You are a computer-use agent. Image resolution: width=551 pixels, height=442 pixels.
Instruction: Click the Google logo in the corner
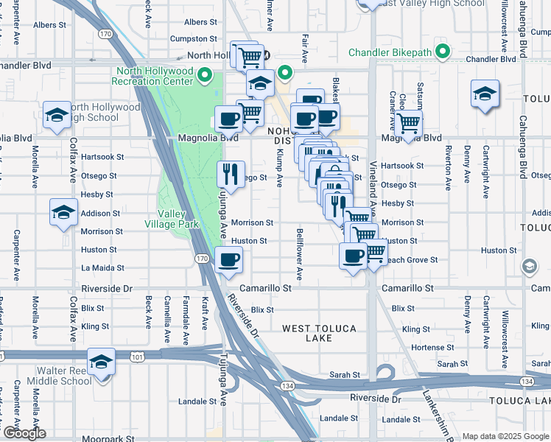pyautogui.click(x=24, y=433)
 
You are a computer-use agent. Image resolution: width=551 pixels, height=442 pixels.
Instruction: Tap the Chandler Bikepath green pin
pyautogui.click(x=442, y=52)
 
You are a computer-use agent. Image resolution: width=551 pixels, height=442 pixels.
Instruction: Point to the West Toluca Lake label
pyautogui.click(x=318, y=333)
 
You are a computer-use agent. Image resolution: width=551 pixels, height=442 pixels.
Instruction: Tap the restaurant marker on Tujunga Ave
pyautogui.click(x=231, y=175)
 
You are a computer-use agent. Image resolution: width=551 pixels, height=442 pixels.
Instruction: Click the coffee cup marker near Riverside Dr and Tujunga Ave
pyautogui.click(x=228, y=259)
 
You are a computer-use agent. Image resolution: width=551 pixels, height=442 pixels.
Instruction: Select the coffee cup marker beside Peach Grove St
pyautogui.click(x=353, y=256)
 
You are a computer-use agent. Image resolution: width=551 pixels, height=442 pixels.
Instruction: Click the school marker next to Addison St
pyautogui.click(x=64, y=212)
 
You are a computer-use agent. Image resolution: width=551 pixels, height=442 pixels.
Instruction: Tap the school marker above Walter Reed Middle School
pyautogui.click(x=101, y=362)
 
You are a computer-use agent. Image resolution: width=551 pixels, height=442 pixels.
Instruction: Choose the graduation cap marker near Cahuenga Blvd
pyautogui.click(x=485, y=94)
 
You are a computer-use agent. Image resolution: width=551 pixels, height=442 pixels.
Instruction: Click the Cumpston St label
pyautogui.click(x=194, y=38)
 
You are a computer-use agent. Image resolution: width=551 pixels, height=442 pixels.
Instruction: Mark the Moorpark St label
pyautogui.click(x=104, y=438)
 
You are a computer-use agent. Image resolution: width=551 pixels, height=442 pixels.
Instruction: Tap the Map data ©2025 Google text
pyautogui.click(x=505, y=436)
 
